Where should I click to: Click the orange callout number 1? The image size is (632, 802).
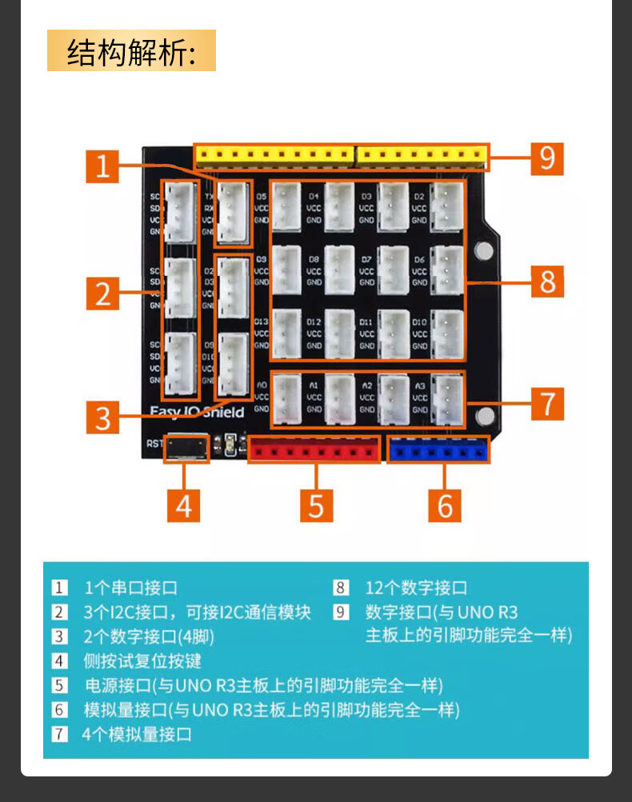click(x=102, y=166)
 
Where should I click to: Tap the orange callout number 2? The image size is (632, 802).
click(x=102, y=293)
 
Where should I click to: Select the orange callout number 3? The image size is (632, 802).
click(x=102, y=417)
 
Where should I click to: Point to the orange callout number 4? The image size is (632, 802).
click(x=184, y=505)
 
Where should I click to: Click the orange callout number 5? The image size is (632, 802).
click(x=316, y=505)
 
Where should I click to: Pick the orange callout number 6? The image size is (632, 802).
click(x=446, y=505)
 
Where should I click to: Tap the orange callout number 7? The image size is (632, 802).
click(x=548, y=403)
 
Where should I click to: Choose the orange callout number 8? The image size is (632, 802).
click(x=548, y=281)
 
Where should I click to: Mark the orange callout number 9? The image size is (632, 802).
click(x=548, y=158)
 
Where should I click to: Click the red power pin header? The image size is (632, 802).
click(x=314, y=450)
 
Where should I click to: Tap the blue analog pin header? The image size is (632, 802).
click(x=438, y=450)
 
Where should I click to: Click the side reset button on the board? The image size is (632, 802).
click(x=186, y=447)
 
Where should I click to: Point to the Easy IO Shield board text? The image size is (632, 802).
click(x=197, y=411)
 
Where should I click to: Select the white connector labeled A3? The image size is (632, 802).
click(x=446, y=398)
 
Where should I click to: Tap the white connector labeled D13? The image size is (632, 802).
click(x=286, y=333)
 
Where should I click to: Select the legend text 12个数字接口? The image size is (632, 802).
click(x=416, y=589)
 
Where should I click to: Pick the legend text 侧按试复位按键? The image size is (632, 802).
click(x=142, y=660)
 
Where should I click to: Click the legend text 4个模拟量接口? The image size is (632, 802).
click(x=137, y=733)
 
